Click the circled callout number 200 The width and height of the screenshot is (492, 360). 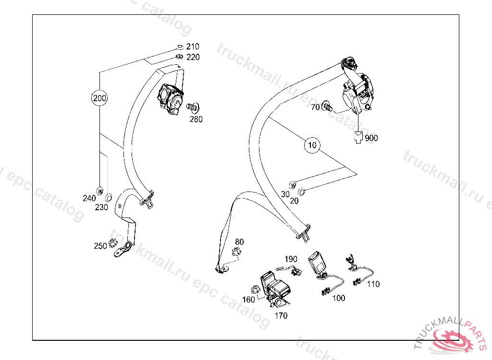tap(99, 99)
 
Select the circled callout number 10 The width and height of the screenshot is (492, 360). tap(312, 144)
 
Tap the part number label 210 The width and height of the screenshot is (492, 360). tap(193, 47)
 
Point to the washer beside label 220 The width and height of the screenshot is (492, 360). tap(179, 57)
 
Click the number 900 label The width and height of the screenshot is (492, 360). tap(371, 138)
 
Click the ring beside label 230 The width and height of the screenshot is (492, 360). tap(109, 197)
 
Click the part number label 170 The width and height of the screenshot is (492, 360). tap(281, 315)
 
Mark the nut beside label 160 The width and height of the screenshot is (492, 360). tap(256, 290)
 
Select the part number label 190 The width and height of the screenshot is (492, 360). tap(291, 259)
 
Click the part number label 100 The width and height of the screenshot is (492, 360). tap(339, 298)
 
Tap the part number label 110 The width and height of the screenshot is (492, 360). tap(373, 284)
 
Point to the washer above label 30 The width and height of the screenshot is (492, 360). tap(292, 185)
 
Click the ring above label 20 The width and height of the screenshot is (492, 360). tap(302, 192)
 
